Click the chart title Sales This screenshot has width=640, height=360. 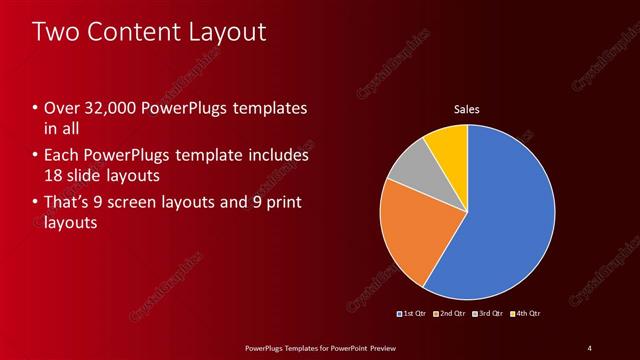(467, 108)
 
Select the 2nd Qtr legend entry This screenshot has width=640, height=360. (452, 314)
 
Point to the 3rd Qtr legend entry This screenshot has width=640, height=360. (490, 314)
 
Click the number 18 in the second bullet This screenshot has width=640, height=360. (54, 175)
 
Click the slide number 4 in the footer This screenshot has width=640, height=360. (589, 347)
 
